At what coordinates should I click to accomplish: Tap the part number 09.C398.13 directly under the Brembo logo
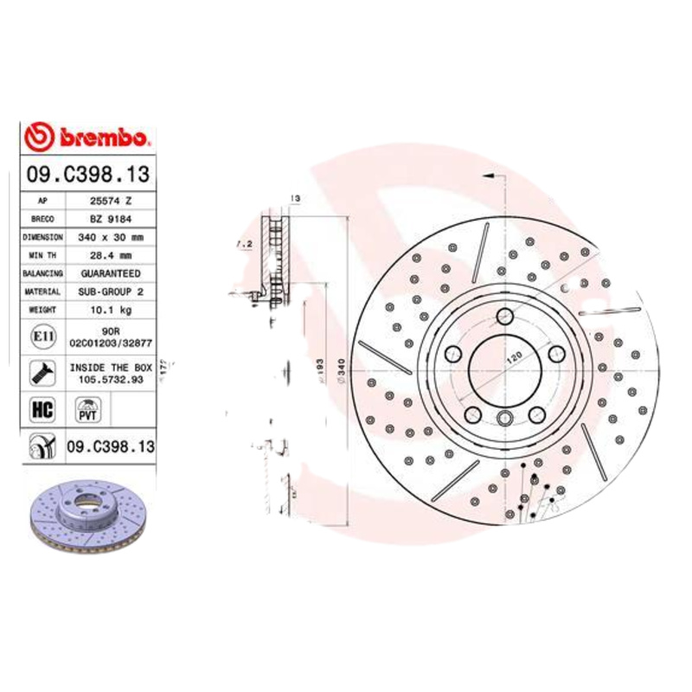click(87, 174)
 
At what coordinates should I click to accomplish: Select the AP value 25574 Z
click(111, 201)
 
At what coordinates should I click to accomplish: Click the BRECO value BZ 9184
click(111, 219)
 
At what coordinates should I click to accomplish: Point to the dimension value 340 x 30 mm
click(111, 237)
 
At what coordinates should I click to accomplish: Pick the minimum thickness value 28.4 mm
click(111, 255)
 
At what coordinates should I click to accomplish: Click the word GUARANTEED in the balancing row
click(111, 273)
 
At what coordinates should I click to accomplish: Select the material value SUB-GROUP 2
click(111, 292)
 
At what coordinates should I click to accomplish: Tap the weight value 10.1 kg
click(111, 310)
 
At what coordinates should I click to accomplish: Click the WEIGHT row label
click(42, 310)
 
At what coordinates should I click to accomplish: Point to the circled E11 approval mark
click(41, 336)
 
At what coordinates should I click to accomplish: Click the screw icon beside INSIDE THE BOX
click(42, 373)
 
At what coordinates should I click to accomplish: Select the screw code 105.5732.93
click(111, 379)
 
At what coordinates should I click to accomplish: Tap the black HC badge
click(42, 409)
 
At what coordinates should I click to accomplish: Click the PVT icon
click(87, 409)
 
